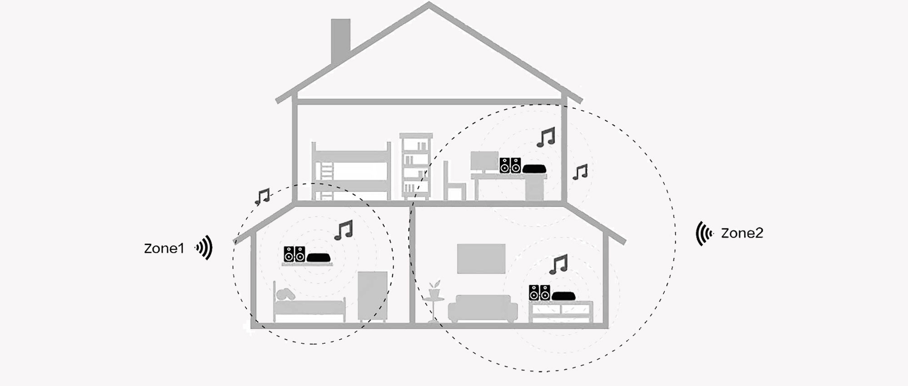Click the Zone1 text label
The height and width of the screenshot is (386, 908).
click(164, 248)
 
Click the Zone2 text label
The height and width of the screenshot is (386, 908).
click(742, 233)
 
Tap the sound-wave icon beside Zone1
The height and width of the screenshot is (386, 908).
click(205, 248)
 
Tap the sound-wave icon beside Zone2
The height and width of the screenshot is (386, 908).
click(704, 234)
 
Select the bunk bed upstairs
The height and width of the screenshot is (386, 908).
click(351, 172)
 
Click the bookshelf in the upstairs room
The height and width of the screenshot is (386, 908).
click(415, 166)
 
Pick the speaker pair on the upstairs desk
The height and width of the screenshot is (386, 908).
click(510, 165)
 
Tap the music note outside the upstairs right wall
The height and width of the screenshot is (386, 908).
click(580, 172)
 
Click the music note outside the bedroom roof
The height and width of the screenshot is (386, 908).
click(262, 196)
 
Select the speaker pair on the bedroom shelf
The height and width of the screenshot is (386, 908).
click(294, 254)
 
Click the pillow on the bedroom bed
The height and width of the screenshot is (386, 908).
click(285, 294)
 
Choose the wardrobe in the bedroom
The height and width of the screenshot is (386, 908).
click(372, 296)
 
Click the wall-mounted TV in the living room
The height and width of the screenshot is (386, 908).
click(481, 259)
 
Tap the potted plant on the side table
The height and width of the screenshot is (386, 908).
click(434, 290)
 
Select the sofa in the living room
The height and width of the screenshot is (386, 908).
click(483, 308)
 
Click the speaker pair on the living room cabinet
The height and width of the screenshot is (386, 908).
click(539, 293)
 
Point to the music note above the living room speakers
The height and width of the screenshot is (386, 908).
click(559, 264)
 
